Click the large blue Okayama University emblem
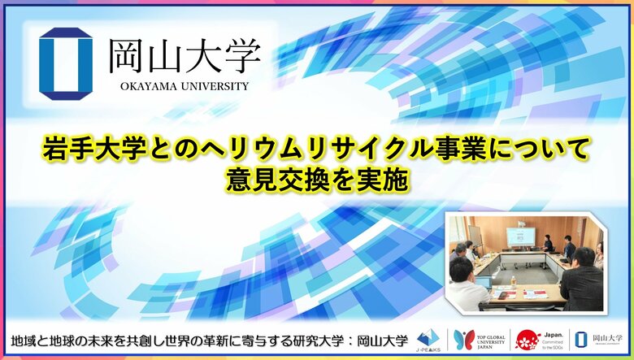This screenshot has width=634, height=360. pyautogui.click(x=66, y=63)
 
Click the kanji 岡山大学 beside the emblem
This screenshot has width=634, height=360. pyautogui.click(x=185, y=56)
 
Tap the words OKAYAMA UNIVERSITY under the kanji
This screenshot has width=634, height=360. pyautogui.click(x=178, y=85)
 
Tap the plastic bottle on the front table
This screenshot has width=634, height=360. pyautogui.click(x=514, y=280)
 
